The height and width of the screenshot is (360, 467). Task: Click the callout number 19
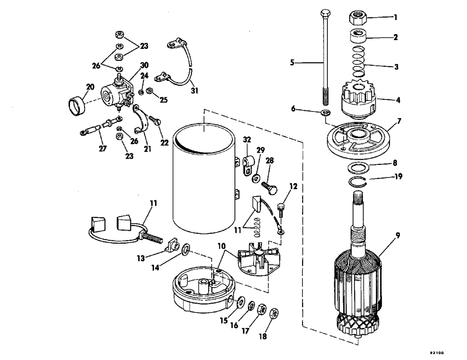click(397, 177)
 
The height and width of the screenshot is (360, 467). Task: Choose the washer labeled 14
click(185, 247)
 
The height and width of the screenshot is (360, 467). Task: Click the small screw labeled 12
click(281, 206)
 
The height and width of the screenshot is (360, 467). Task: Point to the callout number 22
click(164, 142)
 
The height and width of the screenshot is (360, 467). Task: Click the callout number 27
click(102, 148)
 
